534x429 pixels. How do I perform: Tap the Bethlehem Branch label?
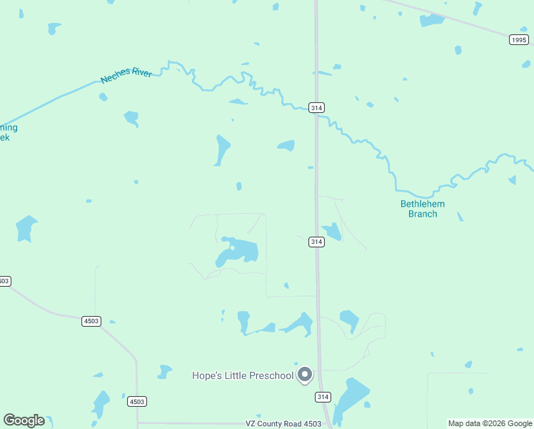(x=422, y=209)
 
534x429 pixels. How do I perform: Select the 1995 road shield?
(x=520, y=40)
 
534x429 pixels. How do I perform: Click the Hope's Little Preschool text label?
(x=243, y=375)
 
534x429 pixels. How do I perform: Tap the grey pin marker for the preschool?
(x=305, y=374)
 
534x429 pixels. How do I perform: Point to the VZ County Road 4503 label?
(x=283, y=423)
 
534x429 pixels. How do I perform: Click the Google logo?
(x=24, y=420)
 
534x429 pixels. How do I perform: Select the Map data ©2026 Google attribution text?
(x=490, y=423)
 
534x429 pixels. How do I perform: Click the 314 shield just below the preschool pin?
(x=323, y=397)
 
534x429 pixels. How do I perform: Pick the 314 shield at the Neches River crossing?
(x=317, y=108)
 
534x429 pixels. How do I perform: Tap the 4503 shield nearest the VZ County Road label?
(x=137, y=402)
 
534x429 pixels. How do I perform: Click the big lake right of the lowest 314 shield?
(x=351, y=399)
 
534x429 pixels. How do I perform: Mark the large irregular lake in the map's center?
(x=238, y=252)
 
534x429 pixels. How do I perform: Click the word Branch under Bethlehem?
(x=423, y=214)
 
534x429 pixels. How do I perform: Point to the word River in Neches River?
(x=141, y=73)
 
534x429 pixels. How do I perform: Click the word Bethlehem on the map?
(x=422, y=204)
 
